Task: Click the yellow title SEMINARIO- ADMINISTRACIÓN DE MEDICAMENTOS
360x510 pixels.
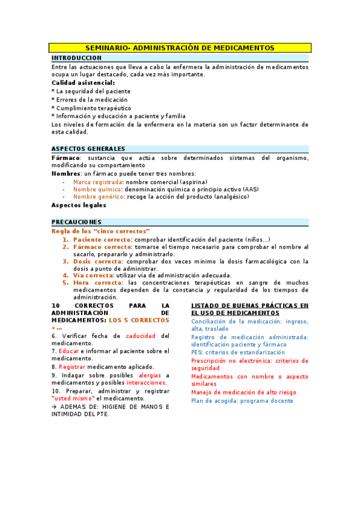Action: pyautogui.click(x=180, y=48)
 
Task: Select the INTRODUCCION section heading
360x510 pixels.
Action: pyautogui.click(x=76, y=58)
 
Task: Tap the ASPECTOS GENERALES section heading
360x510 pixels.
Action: pyautogui.click(x=88, y=149)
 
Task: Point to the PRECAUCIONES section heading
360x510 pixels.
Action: pyautogui.click(x=76, y=222)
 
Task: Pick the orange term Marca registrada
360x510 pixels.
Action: pyautogui.click(x=98, y=182)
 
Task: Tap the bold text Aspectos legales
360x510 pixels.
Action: pyautogui.click(x=79, y=205)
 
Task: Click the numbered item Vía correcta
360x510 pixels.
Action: pyautogui.click(x=93, y=275)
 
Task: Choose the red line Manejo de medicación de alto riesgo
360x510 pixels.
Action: pyautogui.click(x=243, y=393)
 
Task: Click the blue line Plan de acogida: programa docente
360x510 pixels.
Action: pyautogui.click(x=242, y=401)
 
